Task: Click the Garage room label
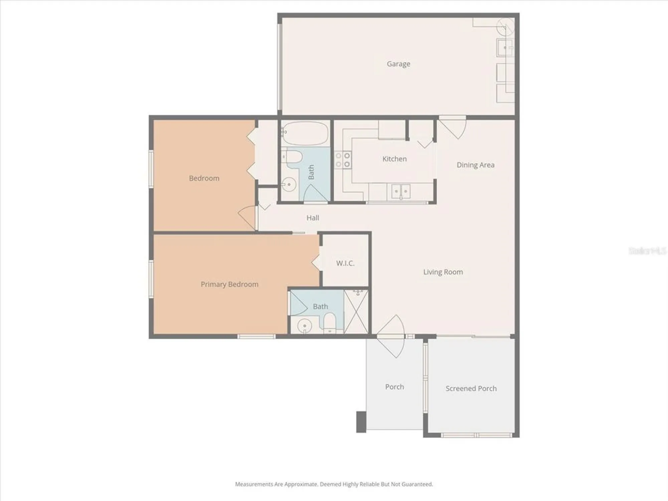398,64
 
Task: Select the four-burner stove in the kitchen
343,160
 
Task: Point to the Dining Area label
475,165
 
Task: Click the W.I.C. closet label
345,263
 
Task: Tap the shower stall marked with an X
356,311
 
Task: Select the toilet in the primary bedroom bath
330,322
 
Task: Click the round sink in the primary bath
304,325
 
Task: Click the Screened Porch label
471,388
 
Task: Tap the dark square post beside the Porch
361,422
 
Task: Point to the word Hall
313,218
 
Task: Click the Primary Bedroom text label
229,284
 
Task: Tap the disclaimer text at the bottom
334,484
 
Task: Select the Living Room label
443,272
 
